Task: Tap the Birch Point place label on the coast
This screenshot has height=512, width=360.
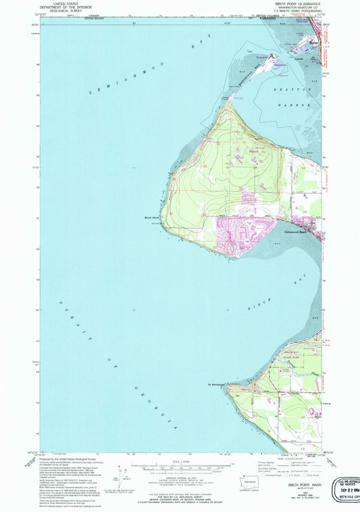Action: click(x=151, y=217)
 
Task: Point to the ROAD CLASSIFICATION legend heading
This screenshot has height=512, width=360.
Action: click(x=282, y=456)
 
